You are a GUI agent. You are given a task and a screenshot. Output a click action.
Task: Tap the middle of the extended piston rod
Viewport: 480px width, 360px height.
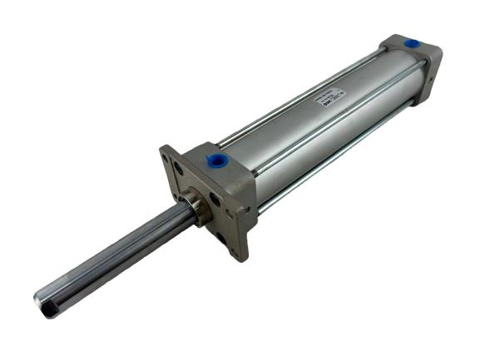[116, 258]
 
